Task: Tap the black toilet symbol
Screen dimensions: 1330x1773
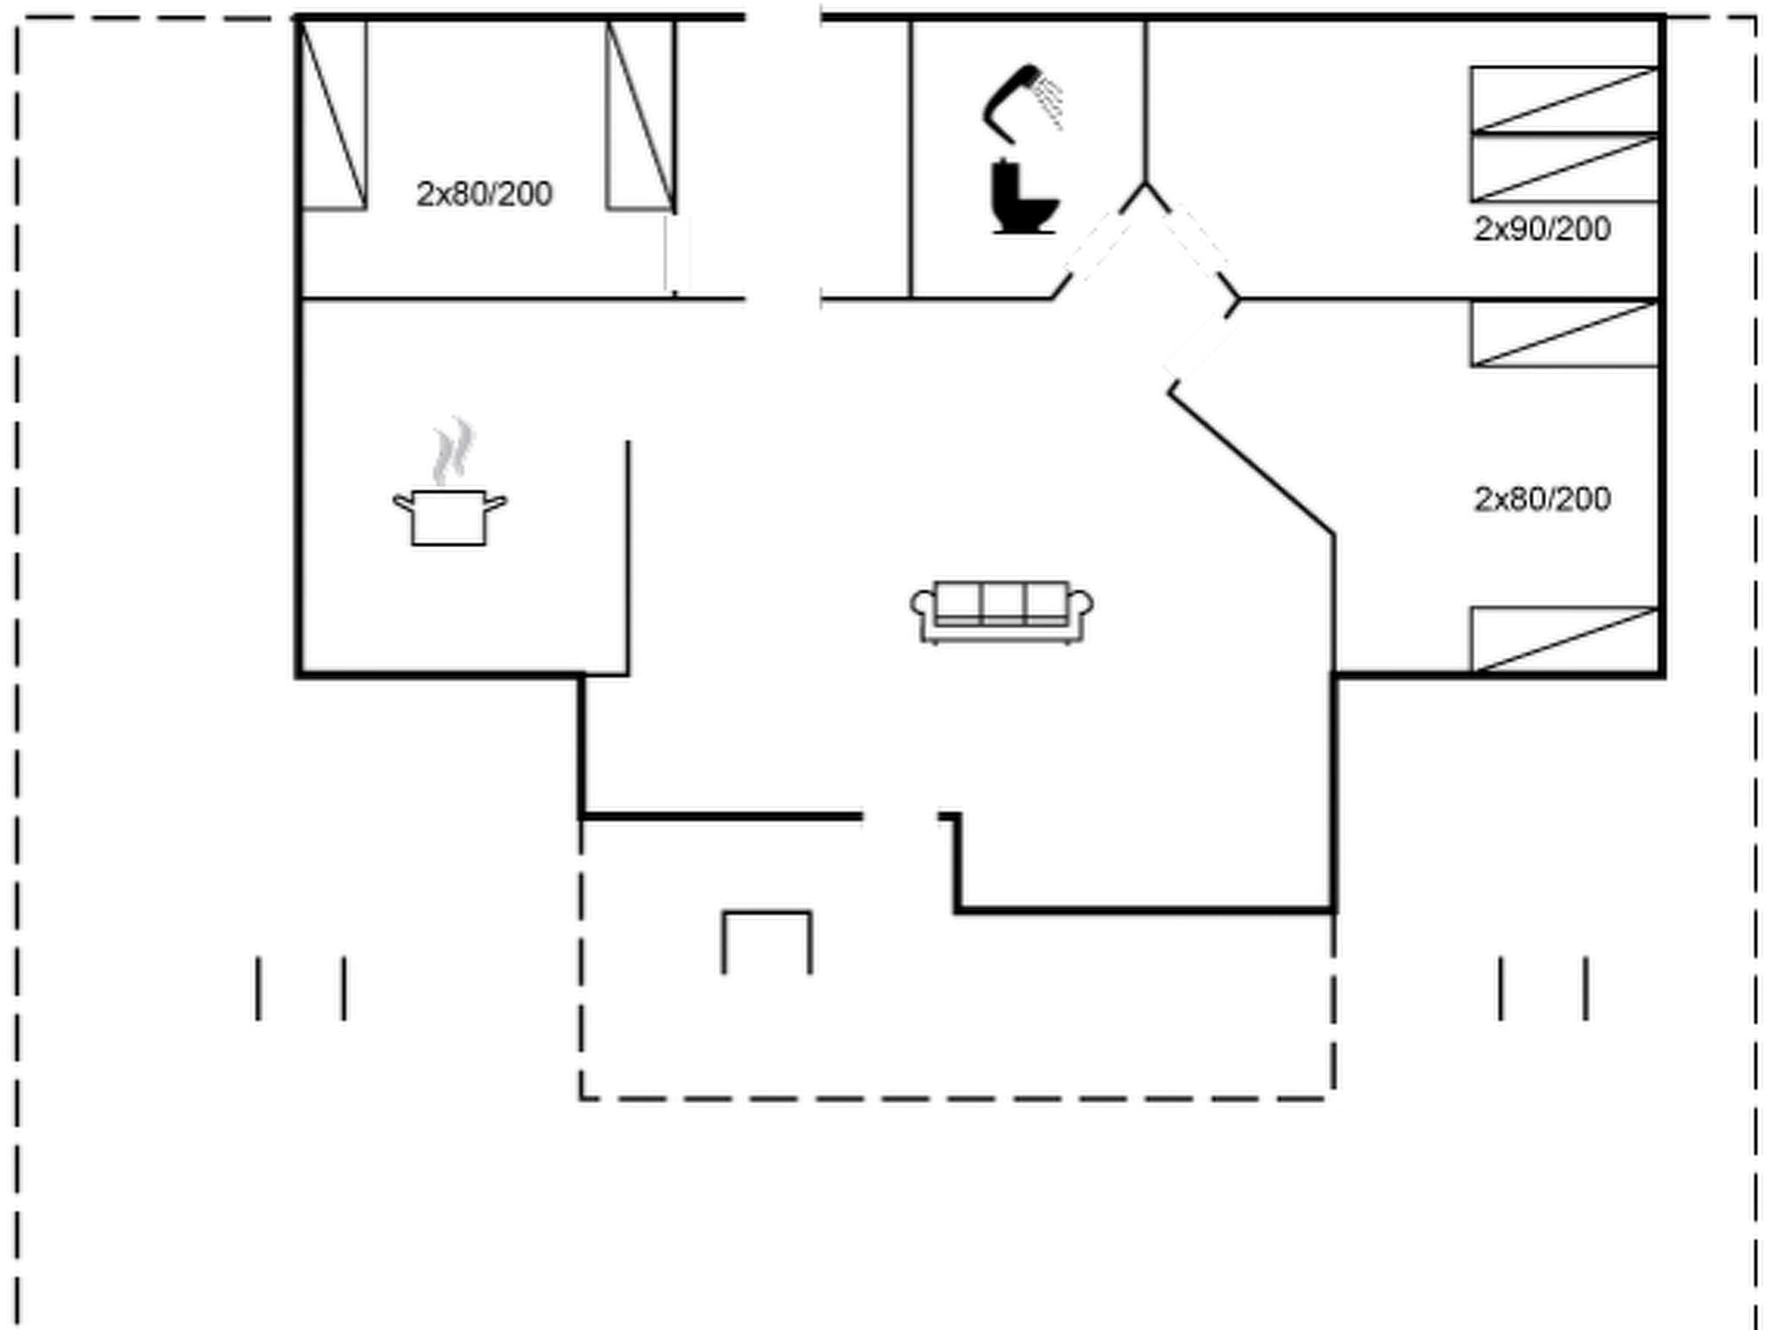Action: coord(1023,199)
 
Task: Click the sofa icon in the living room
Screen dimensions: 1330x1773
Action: coord(1001,611)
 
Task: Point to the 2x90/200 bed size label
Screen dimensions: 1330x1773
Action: coord(1542,229)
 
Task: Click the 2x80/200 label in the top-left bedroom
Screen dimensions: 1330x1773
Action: coord(484,194)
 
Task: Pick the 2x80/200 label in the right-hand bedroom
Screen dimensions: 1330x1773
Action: coord(1542,500)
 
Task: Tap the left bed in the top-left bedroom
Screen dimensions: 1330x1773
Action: coord(332,115)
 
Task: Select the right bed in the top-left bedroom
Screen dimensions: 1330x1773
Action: coord(641,115)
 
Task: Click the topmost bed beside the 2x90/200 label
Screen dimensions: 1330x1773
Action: coord(1563,99)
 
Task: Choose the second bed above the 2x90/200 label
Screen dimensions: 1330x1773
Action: coord(1563,168)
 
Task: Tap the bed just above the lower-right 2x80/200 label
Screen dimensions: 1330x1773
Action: coord(1563,334)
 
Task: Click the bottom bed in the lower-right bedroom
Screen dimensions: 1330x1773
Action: coord(1563,639)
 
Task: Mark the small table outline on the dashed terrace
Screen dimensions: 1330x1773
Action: coord(767,940)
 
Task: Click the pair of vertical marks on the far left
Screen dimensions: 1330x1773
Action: coord(300,988)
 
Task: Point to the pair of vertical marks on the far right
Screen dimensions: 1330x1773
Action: coord(1544,988)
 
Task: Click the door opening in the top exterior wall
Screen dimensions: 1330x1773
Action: coord(783,17)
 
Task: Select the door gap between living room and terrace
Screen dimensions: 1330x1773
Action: coord(900,816)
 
